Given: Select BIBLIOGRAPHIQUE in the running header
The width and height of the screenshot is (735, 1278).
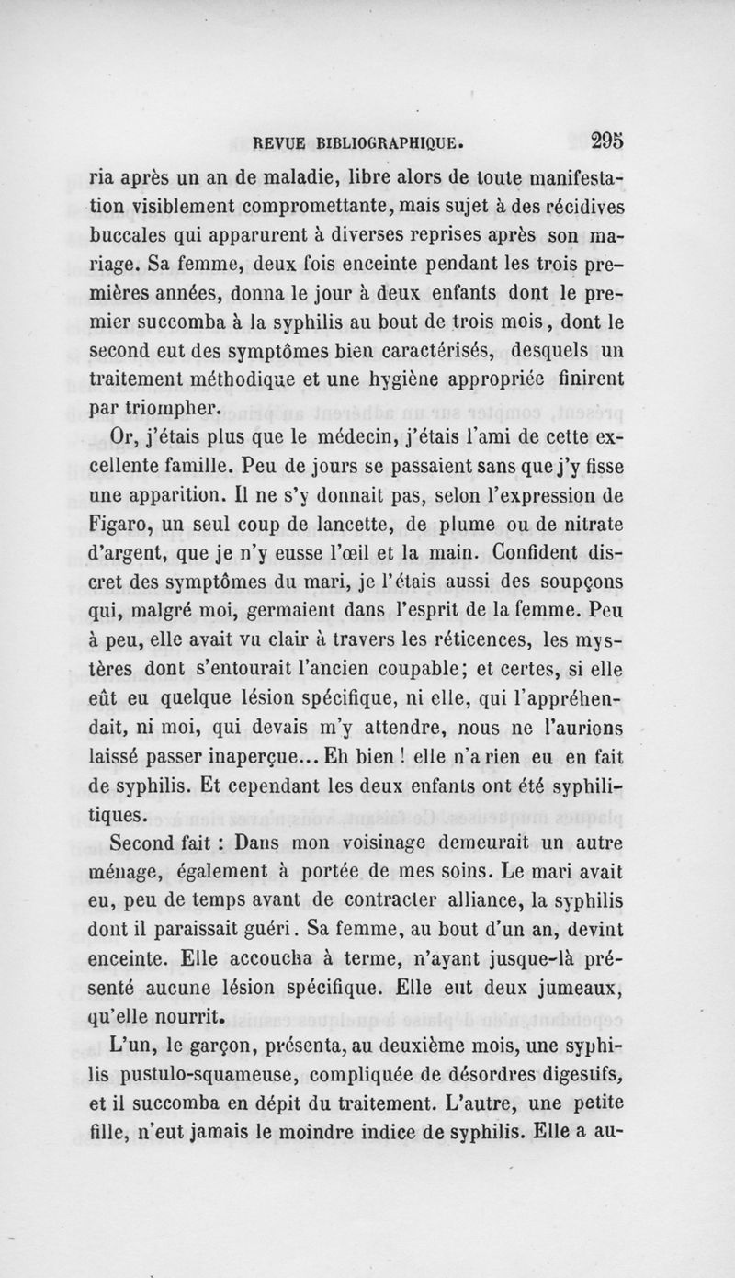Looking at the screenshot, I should click(x=389, y=143).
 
